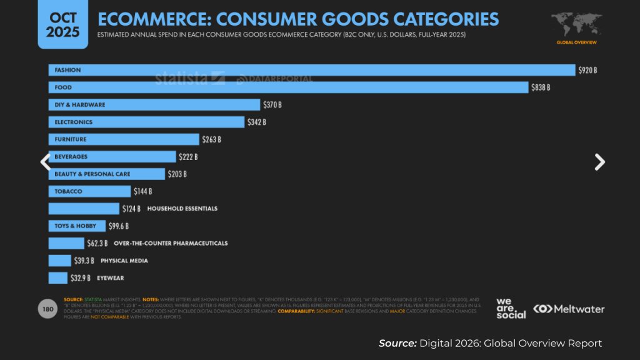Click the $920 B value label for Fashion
(587, 70)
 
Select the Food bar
(288, 87)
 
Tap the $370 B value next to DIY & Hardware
(272, 105)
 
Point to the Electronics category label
(73, 122)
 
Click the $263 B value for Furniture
(211, 139)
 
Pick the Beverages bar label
(71, 157)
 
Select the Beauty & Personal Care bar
(107, 174)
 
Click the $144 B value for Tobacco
(142, 191)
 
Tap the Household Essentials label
(182, 208)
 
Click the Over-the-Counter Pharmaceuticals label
(171, 243)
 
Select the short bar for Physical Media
(60, 261)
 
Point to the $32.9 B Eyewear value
(81, 277)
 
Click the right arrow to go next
(599, 162)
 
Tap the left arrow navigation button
(45, 162)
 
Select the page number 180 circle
(47, 309)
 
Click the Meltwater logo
(569, 309)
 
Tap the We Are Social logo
(511, 308)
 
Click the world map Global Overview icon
(576, 28)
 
